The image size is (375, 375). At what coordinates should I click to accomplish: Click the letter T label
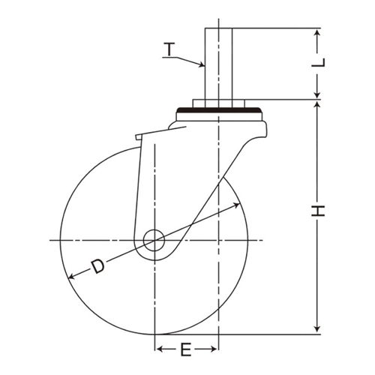pyautogui.click(x=169, y=49)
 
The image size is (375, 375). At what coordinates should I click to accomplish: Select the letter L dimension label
pyautogui.click(x=318, y=62)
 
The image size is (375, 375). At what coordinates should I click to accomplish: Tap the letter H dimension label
pyautogui.click(x=318, y=211)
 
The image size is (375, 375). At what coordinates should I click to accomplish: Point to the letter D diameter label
pyautogui.click(x=97, y=266)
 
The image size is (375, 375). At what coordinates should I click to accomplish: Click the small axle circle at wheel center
pyautogui.click(x=154, y=240)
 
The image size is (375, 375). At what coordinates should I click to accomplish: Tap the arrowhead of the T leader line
pyautogui.click(x=202, y=64)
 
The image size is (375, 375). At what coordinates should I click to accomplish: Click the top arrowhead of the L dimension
pyautogui.click(x=317, y=33)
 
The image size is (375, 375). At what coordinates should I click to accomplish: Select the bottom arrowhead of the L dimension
pyautogui.click(x=317, y=94)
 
